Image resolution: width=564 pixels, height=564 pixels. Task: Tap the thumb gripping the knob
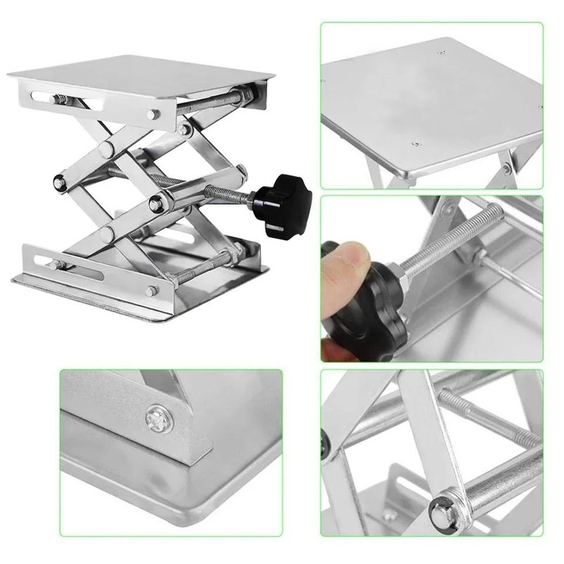point(343,260)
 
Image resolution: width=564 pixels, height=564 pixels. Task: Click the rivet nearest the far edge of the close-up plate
point(441,51)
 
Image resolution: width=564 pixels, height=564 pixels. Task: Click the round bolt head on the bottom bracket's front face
point(150,290)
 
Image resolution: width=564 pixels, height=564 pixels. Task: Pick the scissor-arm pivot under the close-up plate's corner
point(508,168)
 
